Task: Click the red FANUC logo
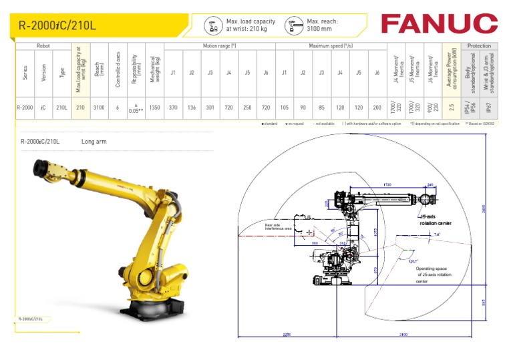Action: [439, 24]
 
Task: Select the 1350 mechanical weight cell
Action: [154, 108]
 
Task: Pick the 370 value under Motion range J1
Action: [173, 108]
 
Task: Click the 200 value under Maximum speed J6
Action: [377, 108]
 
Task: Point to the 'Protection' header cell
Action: [479, 46]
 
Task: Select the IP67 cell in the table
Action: [490, 108]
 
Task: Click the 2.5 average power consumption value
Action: [452, 108]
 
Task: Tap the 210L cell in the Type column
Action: [62, 108]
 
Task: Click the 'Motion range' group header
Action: [220, 46]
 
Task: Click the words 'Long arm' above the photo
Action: [94, 142]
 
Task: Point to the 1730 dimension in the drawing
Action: [387, 184]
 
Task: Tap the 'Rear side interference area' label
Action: [278, 227]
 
